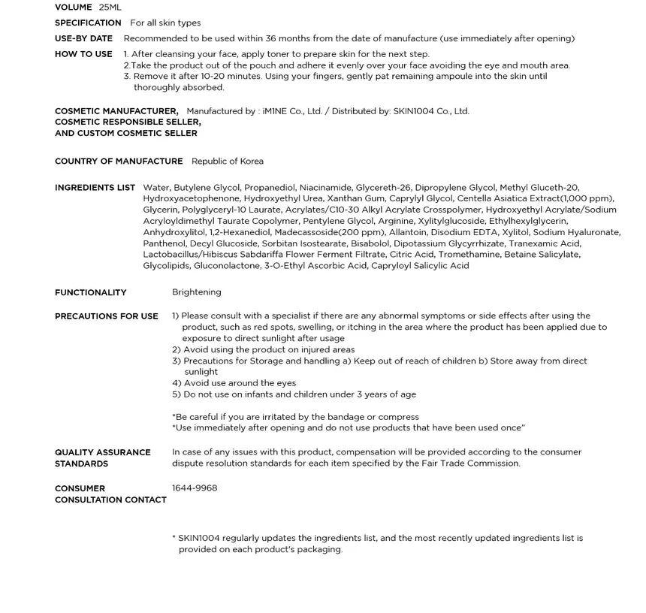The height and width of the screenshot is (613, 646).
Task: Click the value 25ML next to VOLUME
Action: point(110,8)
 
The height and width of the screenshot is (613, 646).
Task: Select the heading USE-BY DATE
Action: point(83,38)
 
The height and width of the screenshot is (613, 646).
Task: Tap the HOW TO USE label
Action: point(83,54)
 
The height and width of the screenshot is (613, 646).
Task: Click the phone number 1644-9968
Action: point(195,488)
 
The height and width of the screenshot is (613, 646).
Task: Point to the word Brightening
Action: point(197,292)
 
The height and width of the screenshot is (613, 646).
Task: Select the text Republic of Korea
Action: point(228,162)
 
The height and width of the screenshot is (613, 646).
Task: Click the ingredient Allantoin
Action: point(409,232)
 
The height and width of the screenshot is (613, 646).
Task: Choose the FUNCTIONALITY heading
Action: point(90,293)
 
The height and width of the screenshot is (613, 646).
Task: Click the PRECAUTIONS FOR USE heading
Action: point(107,316)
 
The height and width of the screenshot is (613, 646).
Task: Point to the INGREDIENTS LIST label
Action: point(95,188)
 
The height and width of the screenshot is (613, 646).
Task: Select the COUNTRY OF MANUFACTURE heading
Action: point(119,162)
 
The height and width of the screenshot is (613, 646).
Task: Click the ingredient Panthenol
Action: point(164,243)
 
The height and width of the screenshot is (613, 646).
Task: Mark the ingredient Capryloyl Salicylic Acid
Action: point(420,266)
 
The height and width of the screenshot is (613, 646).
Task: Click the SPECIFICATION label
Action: point(88,23)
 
